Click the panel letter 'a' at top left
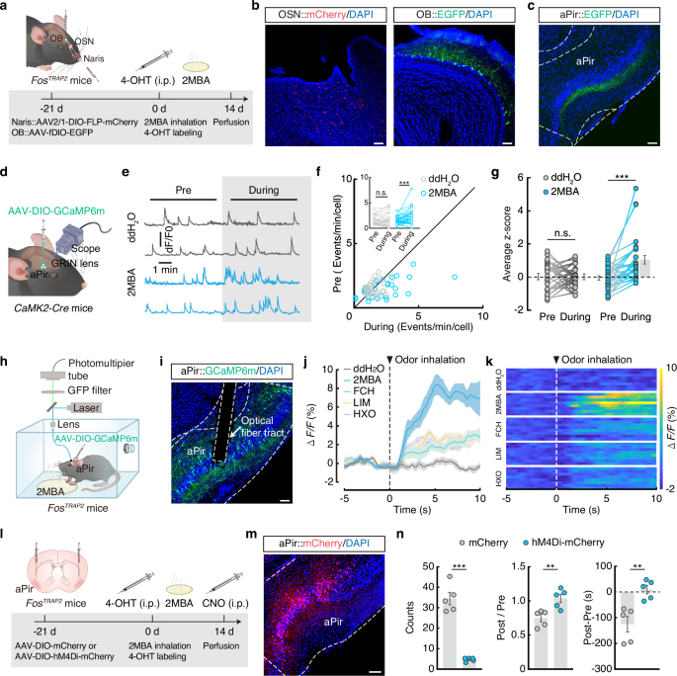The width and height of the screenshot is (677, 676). [x=6, y=7]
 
